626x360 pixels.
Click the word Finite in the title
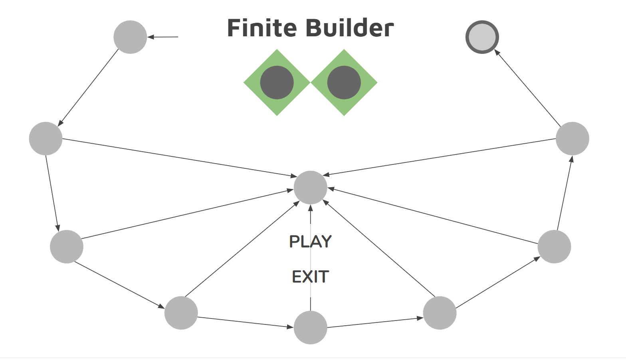click(x=262, y=28)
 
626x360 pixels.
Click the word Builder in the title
click(x=350, y=28)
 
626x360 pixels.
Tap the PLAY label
click(x=310, y=241)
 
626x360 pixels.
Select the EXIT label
click(x=310, y=277)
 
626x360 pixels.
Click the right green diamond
click(x=367, y=83)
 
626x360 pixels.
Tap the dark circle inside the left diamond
click(x=277, y=83)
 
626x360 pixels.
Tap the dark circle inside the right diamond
click(x=344, y=83)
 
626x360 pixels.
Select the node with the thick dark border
click(x=482, y=37)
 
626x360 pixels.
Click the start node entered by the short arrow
click(x=130, y=37)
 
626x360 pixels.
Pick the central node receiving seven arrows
click(x=310, y=188)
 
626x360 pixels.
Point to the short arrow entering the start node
click(x=163, y=37)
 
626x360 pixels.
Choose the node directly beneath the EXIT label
click(x=310, y=327)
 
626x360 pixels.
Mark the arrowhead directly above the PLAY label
click(x=310, y=208)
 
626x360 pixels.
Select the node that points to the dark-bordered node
click(x=572, y=138)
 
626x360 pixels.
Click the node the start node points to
click(x=46, y=138)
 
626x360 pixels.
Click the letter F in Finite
click(x=234, y=28)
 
